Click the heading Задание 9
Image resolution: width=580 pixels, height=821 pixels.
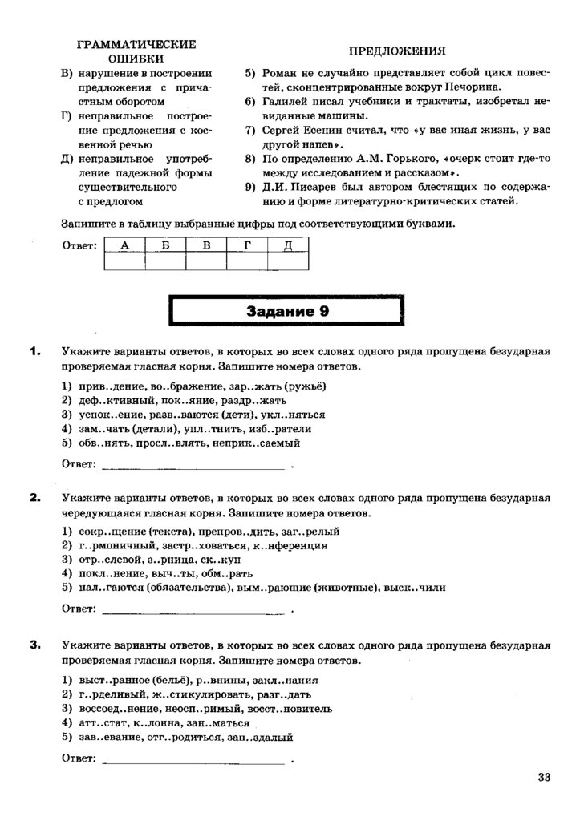(287, 312)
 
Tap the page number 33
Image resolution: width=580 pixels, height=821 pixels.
(545, 776)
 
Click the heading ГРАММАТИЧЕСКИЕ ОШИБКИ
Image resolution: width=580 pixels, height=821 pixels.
(137, 51)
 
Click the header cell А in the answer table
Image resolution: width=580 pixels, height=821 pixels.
(124, 245)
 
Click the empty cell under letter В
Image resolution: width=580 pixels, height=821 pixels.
(206, 261)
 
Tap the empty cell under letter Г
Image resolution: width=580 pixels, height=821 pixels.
(247, 261)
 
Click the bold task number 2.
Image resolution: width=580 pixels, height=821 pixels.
(34, 498)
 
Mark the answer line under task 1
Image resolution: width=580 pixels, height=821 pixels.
(193, 466)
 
